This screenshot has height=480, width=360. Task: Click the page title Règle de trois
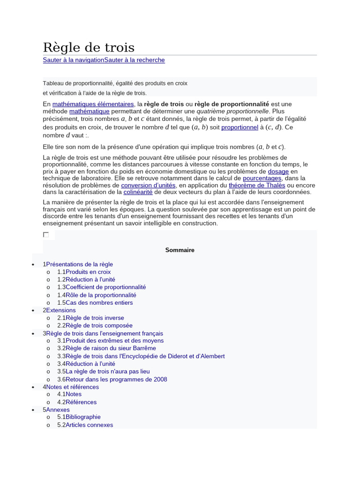(x=89, y=47)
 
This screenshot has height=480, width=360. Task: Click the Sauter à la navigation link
(x=73, y=60)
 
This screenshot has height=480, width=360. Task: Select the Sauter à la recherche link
(x=135, y=60)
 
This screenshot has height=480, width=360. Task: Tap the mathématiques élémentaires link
(x=93, y=104)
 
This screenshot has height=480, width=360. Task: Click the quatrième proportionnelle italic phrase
(x=232, y=111)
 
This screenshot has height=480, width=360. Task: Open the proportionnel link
(x=240, y=127)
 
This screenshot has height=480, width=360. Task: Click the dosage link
(x=278, y=172)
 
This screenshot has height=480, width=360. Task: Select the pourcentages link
(x=262, y=178)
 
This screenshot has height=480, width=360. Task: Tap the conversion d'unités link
(x=149, y=185)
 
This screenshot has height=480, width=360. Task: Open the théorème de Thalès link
(x=257, y=185)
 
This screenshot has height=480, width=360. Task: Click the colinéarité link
(x=138, y=192)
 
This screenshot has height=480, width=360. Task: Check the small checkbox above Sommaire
(x=46, y=234)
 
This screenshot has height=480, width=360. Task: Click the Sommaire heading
(x=180, y=250)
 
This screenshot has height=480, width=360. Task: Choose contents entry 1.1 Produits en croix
(x=88, y=272)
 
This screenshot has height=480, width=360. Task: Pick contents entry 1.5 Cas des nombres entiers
(x=99, y=302)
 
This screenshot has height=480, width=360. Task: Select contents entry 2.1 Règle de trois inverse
(x=95, y=318)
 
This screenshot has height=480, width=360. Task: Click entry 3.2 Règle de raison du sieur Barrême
(x=111, y=348)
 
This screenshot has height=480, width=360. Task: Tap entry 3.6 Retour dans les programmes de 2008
(x=116, y=379)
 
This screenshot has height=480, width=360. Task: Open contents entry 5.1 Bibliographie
(x=83, y=417)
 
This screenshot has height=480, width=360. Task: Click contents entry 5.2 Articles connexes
(x=89, y=425)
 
